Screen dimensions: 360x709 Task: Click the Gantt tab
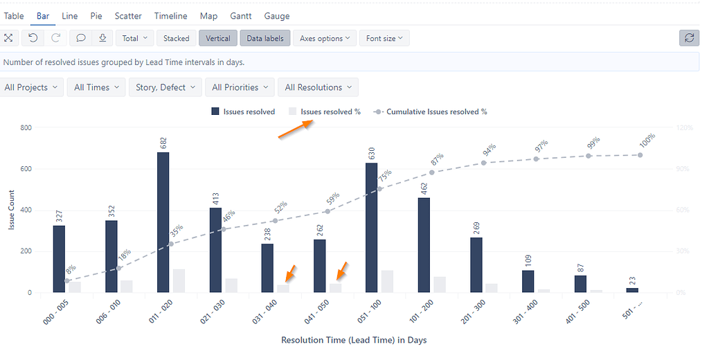(x=241, y=16)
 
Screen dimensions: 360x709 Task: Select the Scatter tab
(x=128, y=16)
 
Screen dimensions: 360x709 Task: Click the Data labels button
(x=265, y=39)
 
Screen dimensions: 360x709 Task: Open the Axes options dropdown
(x=325, y=39)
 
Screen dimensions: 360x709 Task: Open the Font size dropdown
(x=384, y=39)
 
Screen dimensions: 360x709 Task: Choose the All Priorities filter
(x=239, y=87)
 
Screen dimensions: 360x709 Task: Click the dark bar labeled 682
(x=163, y=222)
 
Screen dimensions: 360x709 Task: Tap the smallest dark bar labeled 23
(x=632, y=290)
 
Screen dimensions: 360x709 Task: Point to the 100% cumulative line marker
(x=640, y=154)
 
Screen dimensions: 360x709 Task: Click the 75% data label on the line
(x=384, y=177)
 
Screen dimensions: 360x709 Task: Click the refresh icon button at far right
(x=689, y=38)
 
